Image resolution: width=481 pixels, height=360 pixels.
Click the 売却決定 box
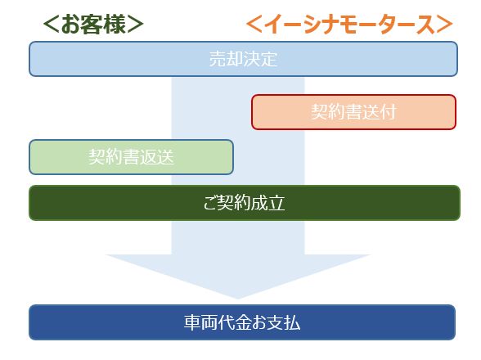point(243,59)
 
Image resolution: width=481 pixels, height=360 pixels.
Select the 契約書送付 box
point(353,112)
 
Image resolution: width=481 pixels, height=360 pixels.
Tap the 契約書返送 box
point(131,157)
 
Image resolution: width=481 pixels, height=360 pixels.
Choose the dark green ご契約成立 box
point(245,203)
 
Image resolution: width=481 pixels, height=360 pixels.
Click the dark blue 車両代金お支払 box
point(242,322)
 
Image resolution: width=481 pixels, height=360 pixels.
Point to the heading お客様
point(93,25)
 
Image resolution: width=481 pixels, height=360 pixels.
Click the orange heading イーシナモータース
point(350,25)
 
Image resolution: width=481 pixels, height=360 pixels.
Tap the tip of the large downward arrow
point(238,299)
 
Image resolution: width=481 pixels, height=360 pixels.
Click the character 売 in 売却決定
point(218,59)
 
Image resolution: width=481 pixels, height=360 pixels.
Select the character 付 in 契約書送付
point(388,112)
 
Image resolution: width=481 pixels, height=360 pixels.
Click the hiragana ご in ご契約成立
point(210,203)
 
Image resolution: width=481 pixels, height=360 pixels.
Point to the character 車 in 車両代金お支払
point(192,322)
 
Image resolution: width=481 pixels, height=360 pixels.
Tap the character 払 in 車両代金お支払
point(292,322)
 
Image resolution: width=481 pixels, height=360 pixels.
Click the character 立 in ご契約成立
point(276,203)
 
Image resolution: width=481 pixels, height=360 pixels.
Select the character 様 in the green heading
point(115,25)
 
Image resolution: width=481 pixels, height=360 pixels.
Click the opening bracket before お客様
point(51,25)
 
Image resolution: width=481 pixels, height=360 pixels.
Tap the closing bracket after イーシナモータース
point(445,25)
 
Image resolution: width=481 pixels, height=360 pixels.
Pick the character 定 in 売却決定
point(269,59)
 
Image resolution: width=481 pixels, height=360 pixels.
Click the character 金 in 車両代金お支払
point(243,322)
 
